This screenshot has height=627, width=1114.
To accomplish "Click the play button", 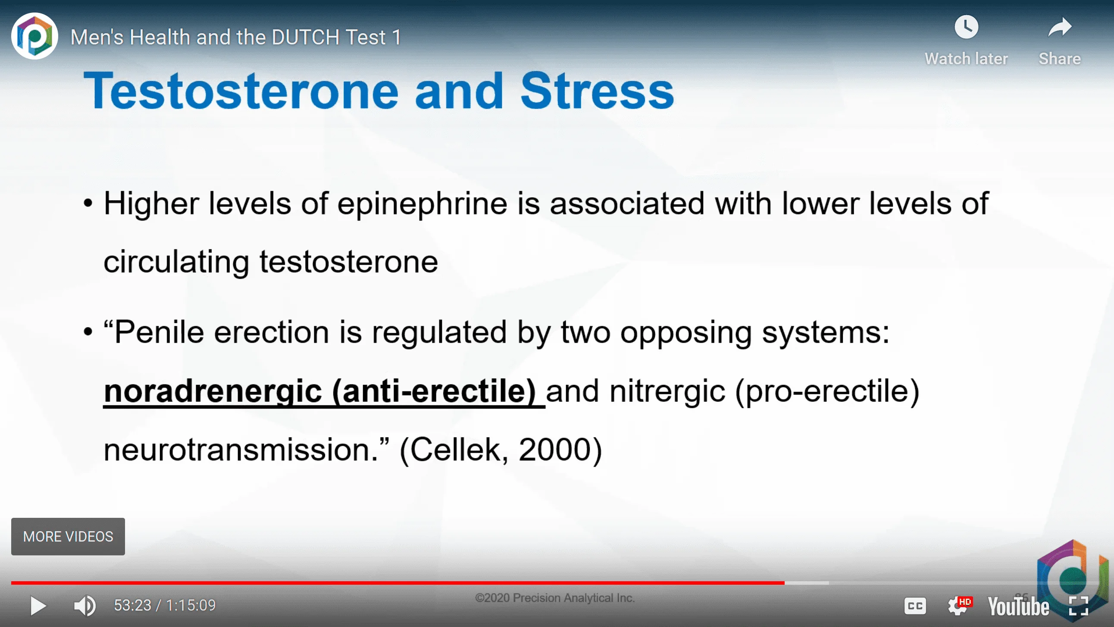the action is point(38,606).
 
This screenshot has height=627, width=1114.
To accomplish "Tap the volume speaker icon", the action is point(85,605).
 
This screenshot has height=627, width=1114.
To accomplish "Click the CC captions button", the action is point(915,606).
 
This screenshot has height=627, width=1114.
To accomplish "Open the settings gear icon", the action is point(958,606).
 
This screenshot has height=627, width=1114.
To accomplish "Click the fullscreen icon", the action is point(1079,606).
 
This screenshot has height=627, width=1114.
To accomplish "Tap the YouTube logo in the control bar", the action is point(1018,606).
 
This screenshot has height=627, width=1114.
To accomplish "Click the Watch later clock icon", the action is point(966,27).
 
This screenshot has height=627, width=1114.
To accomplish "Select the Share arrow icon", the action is point(1060,27).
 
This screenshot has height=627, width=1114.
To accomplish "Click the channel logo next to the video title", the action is point(34,36).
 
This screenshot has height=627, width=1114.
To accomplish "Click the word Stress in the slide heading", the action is point(597,91).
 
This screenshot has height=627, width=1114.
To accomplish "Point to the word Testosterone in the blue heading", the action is point(241,91).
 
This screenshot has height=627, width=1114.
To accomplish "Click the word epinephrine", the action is point(422,204).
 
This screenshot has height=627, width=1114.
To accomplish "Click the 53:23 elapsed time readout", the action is point(132,605).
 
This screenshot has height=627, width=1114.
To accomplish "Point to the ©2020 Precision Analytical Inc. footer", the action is point(555,598).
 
